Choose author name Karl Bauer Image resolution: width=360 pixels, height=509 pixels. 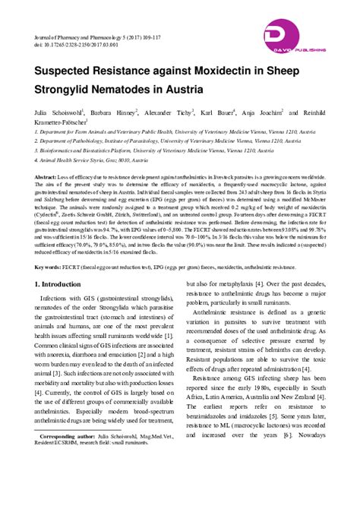click(218, 112)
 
